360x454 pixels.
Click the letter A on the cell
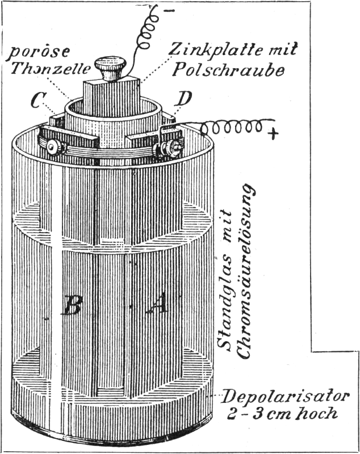click(x=157, y=306)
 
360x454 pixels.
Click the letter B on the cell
click(x=73, y=306)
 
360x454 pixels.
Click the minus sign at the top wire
click(x=171, y=10)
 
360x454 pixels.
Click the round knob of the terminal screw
click(x=111, y=68)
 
